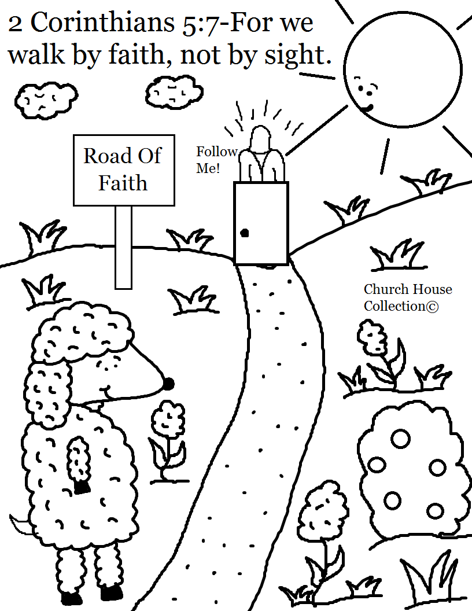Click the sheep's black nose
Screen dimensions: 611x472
tap(168, 384)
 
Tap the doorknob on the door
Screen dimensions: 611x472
tap(244, 233)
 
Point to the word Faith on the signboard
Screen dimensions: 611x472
tap(123, 183)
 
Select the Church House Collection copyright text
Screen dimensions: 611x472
tap(407, 297)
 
